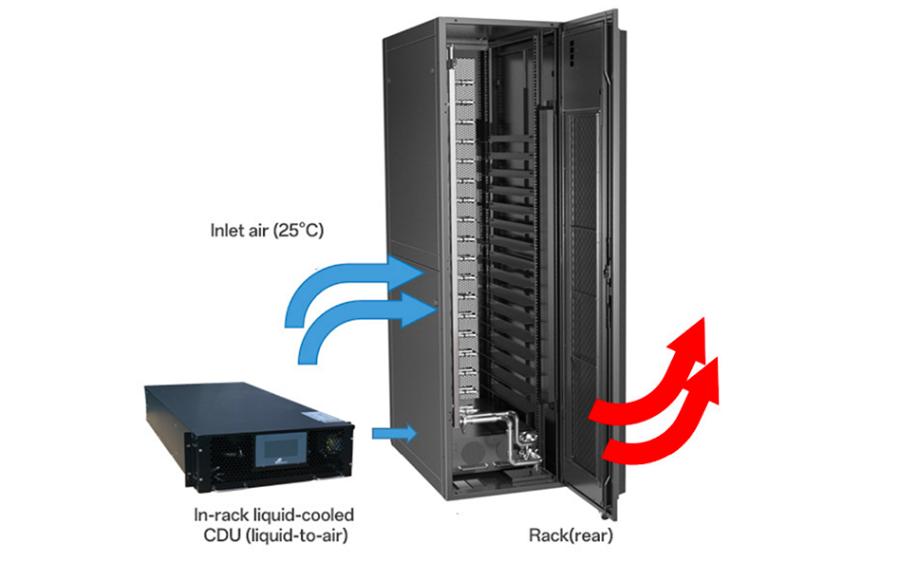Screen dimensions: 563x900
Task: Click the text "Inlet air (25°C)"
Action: coord(267,230)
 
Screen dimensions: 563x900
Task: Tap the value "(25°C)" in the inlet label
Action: coord(299,230)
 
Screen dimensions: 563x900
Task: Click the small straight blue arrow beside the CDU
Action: coord(393,433)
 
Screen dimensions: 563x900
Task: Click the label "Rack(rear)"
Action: coord(570,535)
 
